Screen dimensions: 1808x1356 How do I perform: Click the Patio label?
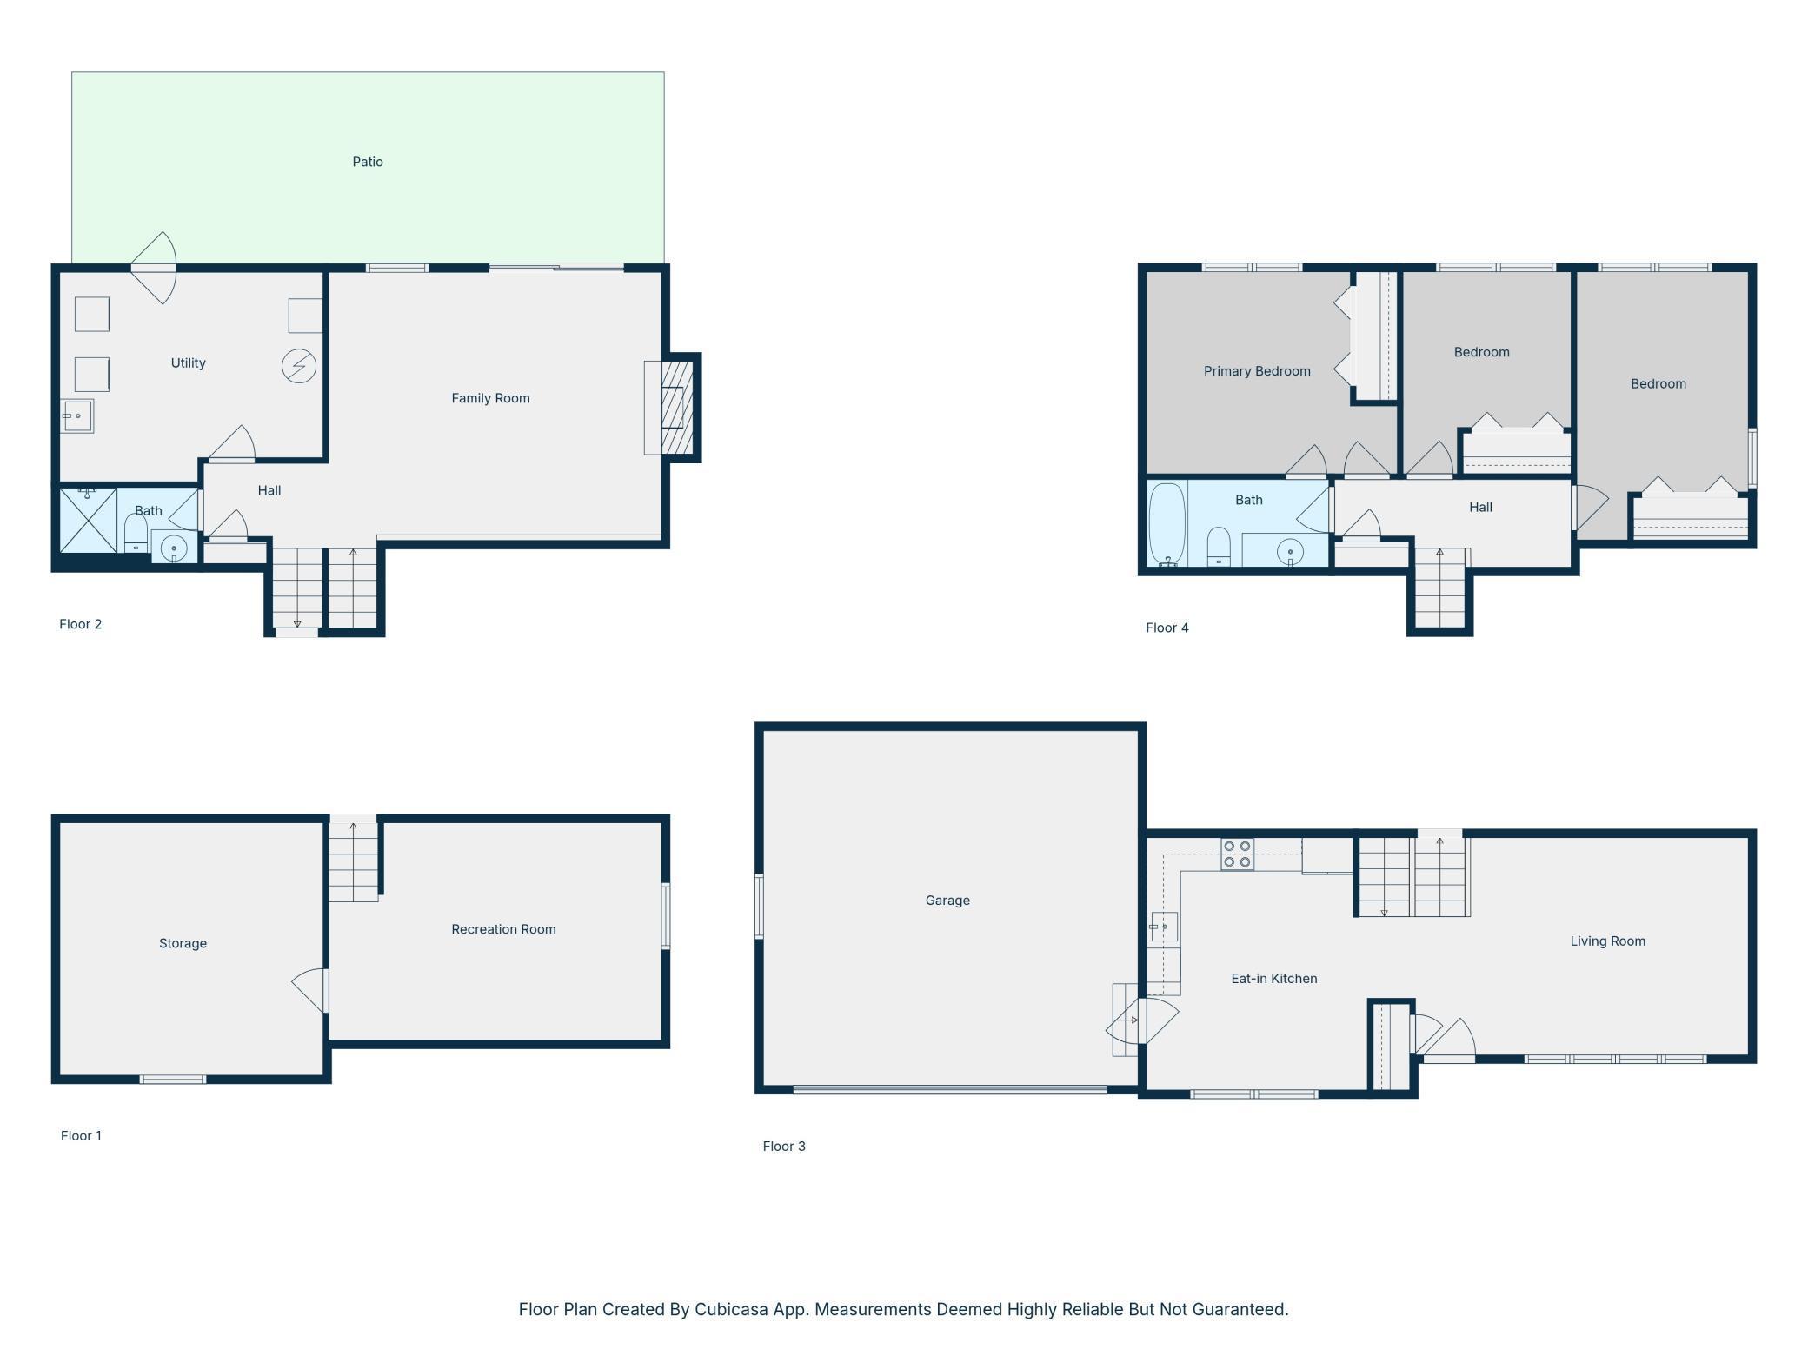pyautogui.click(x=368, y=162)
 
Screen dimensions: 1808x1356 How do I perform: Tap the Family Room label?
pyautogui.click(x=490, y=398)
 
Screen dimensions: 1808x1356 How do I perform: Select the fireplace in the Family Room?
pyautogui.click(x=677, y=408)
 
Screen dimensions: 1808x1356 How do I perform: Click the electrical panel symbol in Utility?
pyautogui.click(x=299, y=366)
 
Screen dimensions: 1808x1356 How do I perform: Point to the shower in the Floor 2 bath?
pyautogui.click(x=88, y=520)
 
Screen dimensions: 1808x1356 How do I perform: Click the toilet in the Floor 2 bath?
pyautogui.click(x=136, y=533)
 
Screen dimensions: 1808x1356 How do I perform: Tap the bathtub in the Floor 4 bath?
pyautogui.click(x=1167, y=524)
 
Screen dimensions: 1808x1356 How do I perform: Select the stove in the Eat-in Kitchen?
pyautogui.click(x=1237, y=854)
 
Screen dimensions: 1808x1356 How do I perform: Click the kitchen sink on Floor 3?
pyautogui.click(x=1164, y=927)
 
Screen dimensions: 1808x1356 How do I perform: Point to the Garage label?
pyautogui.click(x=947, y=901)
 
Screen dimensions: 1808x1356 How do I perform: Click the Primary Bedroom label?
pyautogui.click(x=1257, y=371)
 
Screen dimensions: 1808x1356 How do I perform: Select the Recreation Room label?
pyautogui.click(x=503, y=929)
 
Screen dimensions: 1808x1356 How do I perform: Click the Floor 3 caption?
pyautogui.click(x=784, y=1147)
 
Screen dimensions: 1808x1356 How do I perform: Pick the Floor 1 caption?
pyautogui.click(x=81, y=1136)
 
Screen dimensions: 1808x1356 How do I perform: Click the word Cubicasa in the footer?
pyautogui.click(x=731, y=1309)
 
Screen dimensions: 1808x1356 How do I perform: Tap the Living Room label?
pyautogui.click(x=1607, y=941)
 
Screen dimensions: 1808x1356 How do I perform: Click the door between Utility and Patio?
pyautogui.click(x=154, y=268)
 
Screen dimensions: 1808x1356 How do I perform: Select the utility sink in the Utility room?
pyautogui.click(x=77, y=416)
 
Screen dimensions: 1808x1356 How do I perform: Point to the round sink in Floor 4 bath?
pyautogui.click(x=1290, y=552)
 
